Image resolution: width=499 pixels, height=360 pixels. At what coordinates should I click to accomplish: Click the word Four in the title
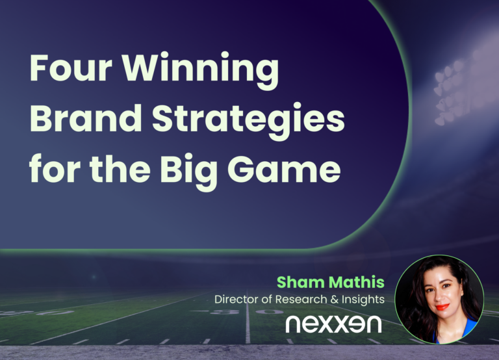click(x=71, y=68)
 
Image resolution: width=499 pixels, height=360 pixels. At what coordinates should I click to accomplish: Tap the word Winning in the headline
click(x=201, y=71)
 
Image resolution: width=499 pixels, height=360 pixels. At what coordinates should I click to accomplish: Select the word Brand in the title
click(x=86, y=118)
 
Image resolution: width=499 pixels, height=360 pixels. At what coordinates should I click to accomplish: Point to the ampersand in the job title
click(x=335, y=300)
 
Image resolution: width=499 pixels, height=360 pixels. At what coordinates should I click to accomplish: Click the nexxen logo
click(x=333, y=324)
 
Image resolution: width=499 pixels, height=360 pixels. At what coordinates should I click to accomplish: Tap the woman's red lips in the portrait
click(x=441, y=307)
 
